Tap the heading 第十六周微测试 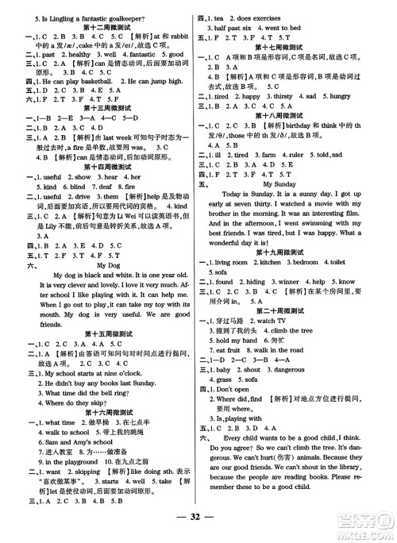(x=103, y=404)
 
